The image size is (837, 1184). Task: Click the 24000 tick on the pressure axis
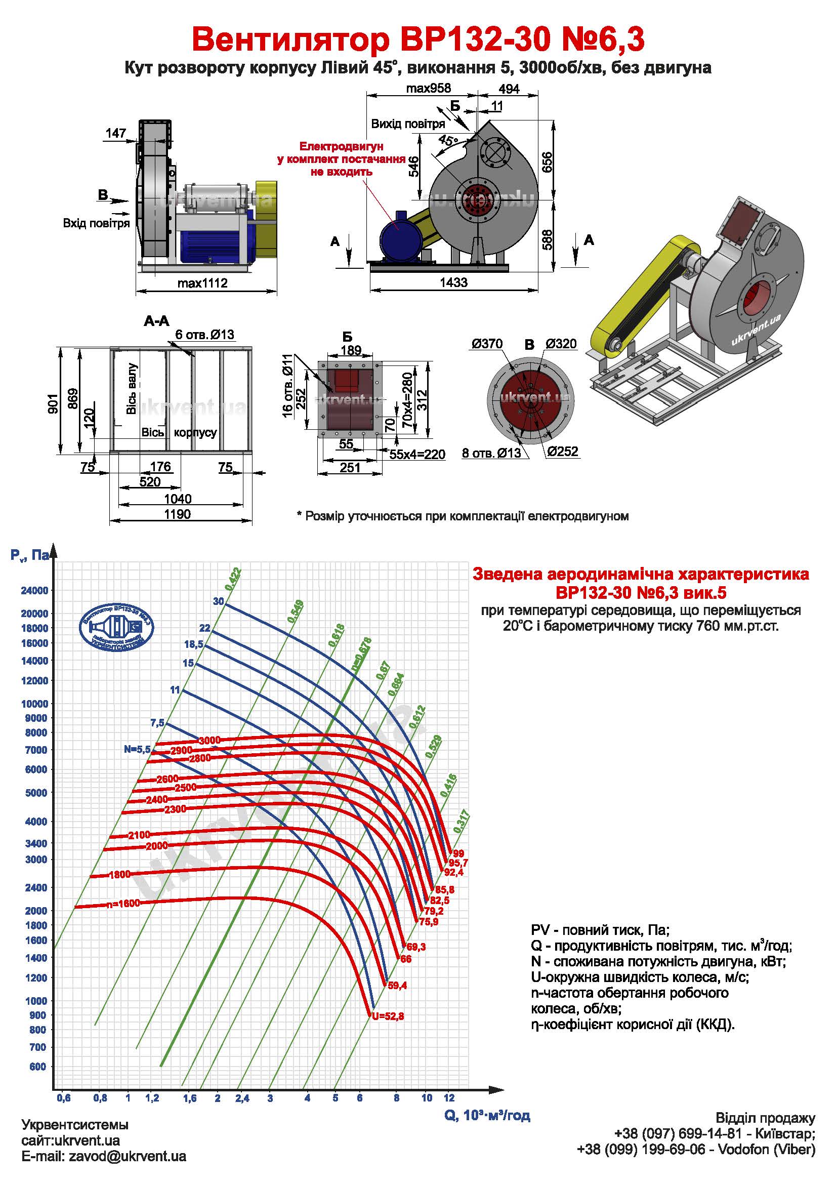pyautogui.click(x=34, y=590)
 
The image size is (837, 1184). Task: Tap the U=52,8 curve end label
pyautogui.click(x=387, y=1016)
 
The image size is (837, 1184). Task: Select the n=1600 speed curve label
pyautogui.click(x=123, y=904)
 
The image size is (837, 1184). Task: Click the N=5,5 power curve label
pyautogui.click(x=137, y=749)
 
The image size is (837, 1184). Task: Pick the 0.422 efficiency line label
pyautogui.click(x=233, y=579)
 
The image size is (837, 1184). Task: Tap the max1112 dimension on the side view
pyautogui.click(x=202, y=283)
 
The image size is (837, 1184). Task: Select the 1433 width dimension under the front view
pyautogui.click(x=453, y=282)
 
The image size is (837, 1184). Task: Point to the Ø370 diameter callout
pyautogui.click(x=486, y=344)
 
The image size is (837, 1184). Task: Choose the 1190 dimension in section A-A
pyautogui.click(x=177, y=514)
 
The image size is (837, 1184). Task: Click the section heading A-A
pyautogui.click(x=156, y=321)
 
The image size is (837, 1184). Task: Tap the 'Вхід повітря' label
pyautogui.click(x=96, y=223)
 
